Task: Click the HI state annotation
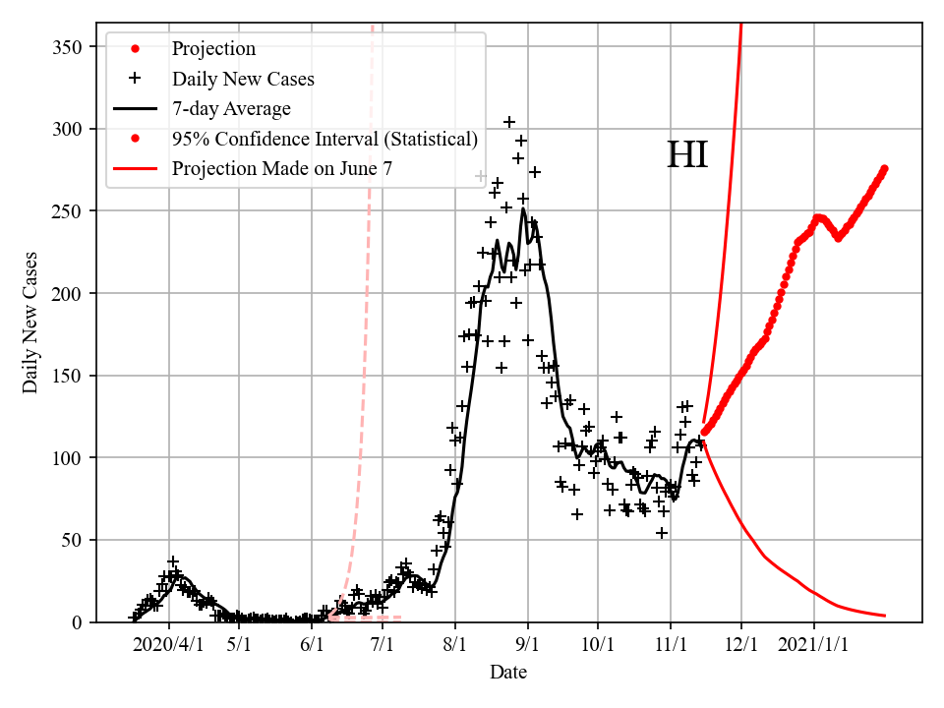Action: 687,156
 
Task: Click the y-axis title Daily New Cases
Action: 30,321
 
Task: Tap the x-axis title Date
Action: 508,673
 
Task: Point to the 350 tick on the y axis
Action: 69,47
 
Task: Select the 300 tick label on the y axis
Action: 69,130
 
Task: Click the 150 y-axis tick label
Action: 69,376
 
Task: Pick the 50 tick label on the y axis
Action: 74,540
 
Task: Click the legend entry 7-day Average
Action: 231,108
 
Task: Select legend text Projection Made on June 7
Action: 282,169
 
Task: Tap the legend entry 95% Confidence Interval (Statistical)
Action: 324,139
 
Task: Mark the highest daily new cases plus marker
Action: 509,122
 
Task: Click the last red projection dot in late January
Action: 884,169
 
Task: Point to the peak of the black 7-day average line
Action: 523,208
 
